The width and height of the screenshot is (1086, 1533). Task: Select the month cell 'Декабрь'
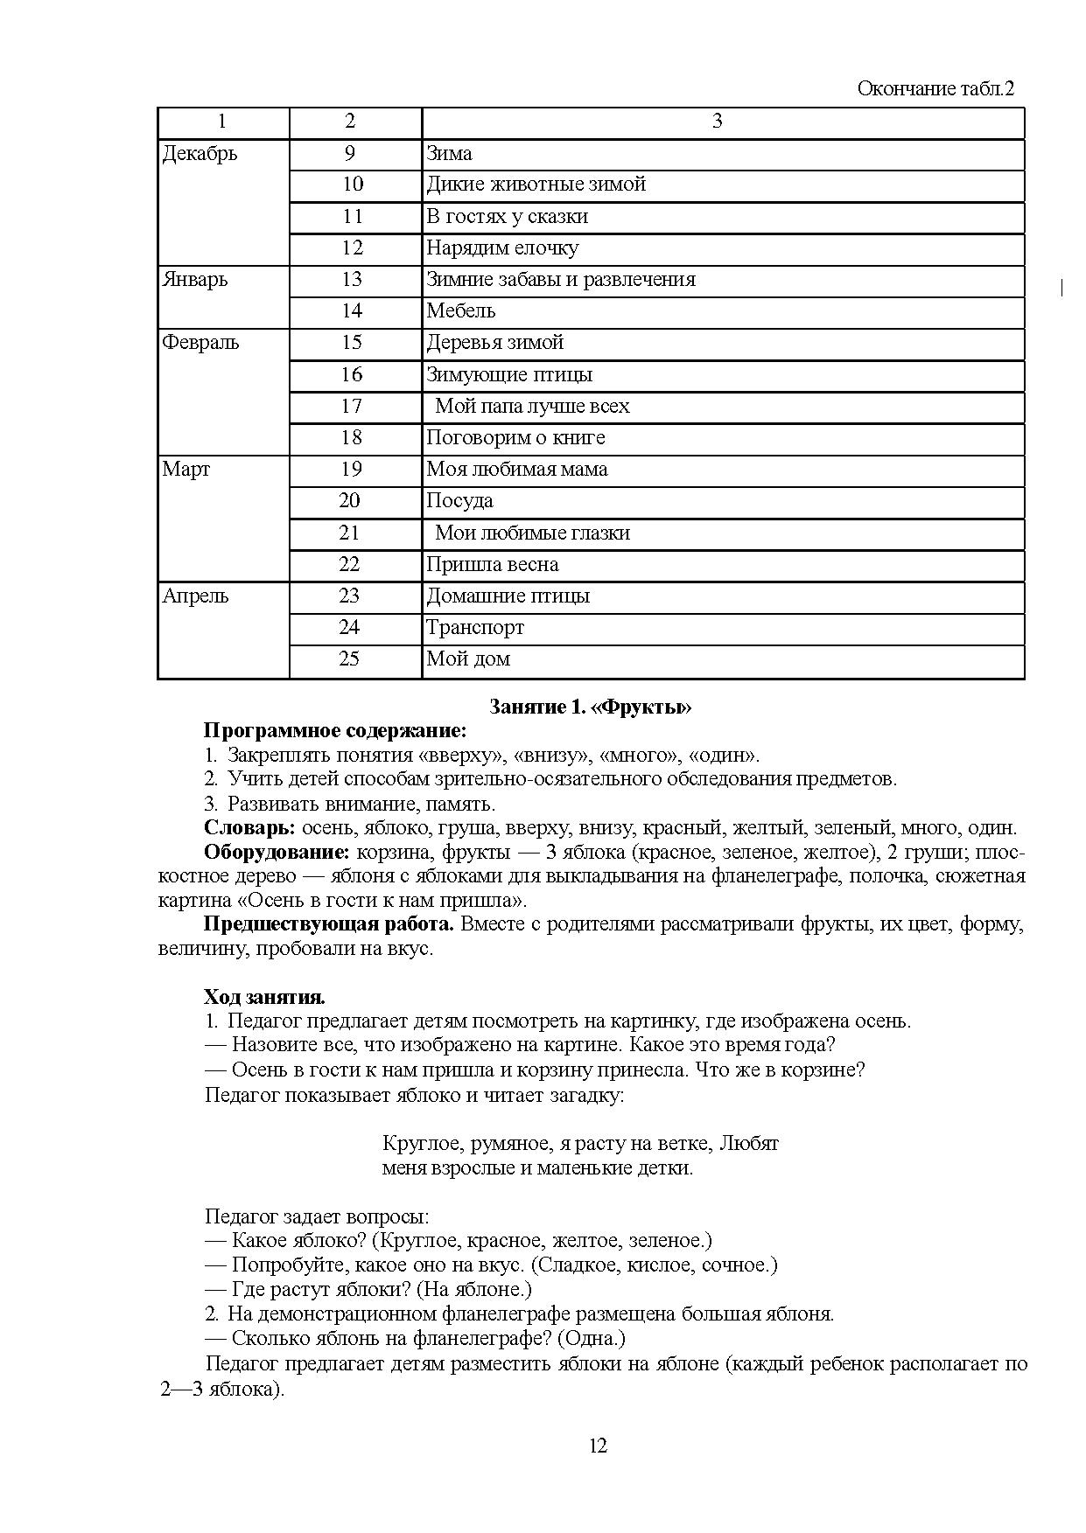[x=200, y=154]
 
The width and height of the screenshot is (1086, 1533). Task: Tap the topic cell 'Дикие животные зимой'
[x=536, y=185]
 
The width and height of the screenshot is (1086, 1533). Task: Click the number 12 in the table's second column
[x=352, y=248]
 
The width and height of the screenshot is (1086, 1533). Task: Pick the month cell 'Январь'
[x=194, y=280]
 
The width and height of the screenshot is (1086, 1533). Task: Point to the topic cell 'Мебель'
[x=460, y=311]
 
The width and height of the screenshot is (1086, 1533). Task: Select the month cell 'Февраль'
[x=200, y=343]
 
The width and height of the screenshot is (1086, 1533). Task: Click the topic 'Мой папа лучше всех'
[x=532, y=407]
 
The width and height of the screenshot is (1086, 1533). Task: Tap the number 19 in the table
[x=351, y=470]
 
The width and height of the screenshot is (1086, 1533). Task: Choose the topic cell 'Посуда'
[x=459, y=501]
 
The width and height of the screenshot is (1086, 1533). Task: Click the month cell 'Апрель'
[x=195, y=596]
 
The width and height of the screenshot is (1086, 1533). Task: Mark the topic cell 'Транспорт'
[x=475, y=628]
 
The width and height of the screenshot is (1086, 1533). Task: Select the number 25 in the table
[x=349, y=659]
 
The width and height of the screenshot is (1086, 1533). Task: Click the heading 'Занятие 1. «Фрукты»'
[x=591, y=707]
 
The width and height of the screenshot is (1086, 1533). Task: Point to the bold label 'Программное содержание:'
[x=335, y=731]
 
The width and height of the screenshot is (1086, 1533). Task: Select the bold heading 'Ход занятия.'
[x=264, y=997]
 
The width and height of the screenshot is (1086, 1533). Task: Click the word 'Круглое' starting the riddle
[x=417, y=1144]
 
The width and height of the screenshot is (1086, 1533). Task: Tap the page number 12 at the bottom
[x=598, y=1445]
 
